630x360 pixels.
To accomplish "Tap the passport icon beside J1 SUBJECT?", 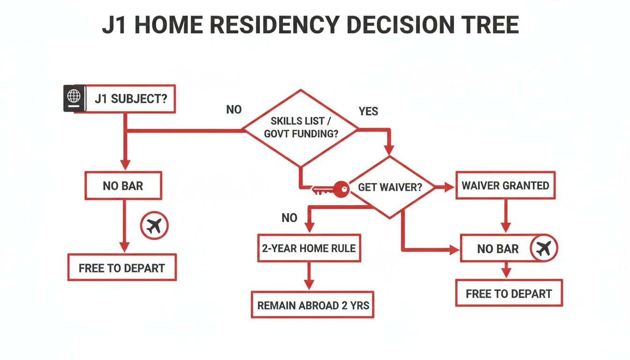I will pos(74,98).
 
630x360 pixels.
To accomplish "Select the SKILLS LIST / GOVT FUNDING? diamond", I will pos(300,127).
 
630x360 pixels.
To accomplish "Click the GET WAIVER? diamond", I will pos(390,187).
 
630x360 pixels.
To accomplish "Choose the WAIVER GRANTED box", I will pos(505,186).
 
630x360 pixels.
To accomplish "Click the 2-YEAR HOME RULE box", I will pos(308,247).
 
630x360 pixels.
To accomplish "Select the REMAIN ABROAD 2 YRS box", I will pos(313,306).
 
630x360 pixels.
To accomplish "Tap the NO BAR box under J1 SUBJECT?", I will pos(123,186).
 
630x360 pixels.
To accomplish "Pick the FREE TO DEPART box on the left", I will pos(122,268).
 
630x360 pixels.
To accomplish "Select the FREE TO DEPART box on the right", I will pos(509,294).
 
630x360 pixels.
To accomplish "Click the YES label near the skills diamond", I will pos(368,112).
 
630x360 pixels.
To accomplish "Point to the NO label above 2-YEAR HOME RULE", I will pos(289,218).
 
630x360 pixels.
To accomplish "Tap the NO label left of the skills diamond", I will pos(234,110).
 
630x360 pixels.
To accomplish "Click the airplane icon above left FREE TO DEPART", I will pos(155,226).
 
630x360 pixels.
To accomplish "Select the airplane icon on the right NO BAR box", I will pos(544,248).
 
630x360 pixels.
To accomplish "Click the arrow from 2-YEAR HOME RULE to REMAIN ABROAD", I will pos(308,277).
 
